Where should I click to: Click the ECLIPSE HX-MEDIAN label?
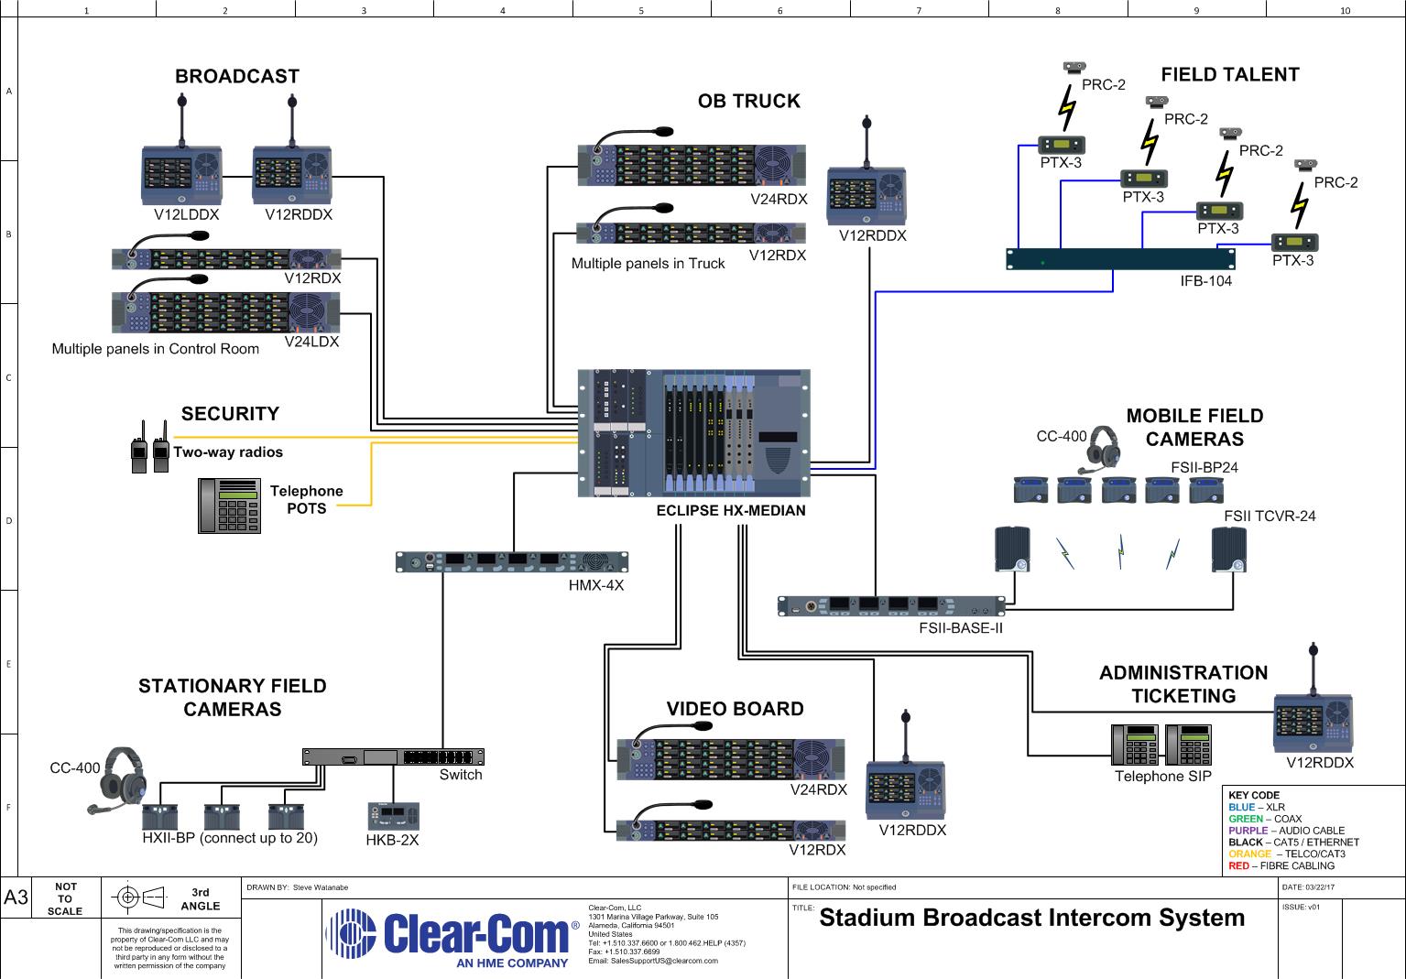(x=731, y=510)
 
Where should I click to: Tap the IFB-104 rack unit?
(x=1120, y=259)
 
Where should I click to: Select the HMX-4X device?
(x=511, y=561)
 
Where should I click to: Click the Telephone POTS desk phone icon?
(x=229, y=506)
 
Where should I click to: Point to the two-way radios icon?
(x=150, y=447)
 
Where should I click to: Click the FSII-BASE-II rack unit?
(x=891, y=606)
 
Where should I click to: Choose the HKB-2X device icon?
(x=393, y=816)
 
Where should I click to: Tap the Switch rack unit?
(x=393, y=756)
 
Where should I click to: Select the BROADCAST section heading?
(x=237, y=76)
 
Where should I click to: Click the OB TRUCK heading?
(x=749, y=101)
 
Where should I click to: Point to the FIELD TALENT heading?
(x=1230, y=74)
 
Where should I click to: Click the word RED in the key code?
(x=1238, y=865)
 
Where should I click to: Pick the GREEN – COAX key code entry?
(x=1265, y=819)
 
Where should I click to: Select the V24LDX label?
(x=311, y=342)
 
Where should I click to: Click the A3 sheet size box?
(x=16, y=897)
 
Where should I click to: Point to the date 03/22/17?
(x=1320, y=887)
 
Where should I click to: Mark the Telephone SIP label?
(x=1162, y=777)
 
